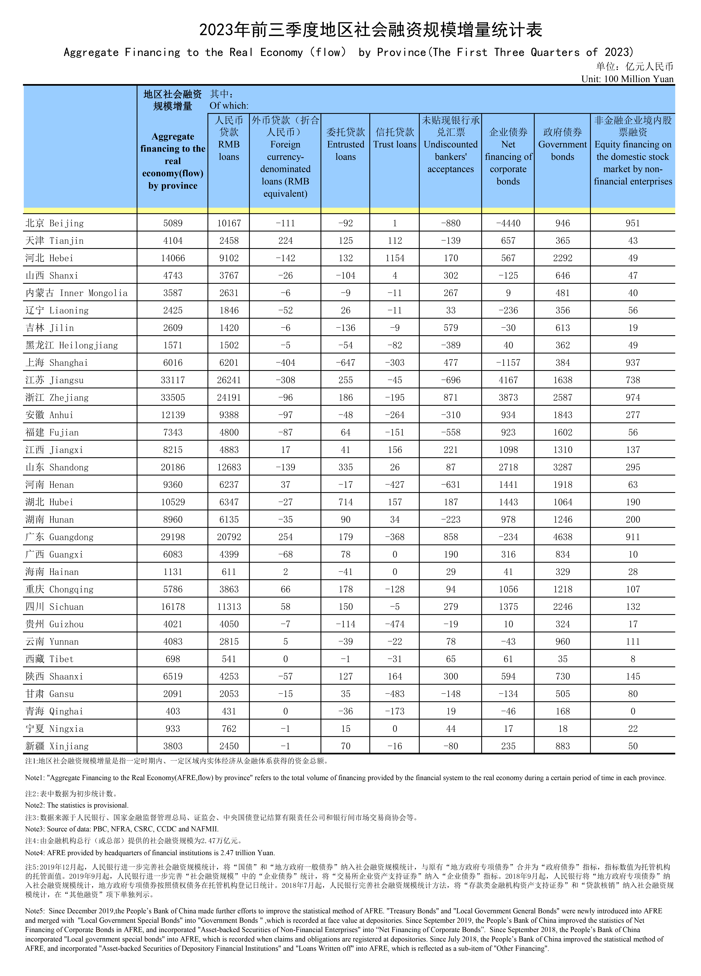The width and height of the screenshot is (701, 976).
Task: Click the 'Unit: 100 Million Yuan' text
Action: pos(627,79)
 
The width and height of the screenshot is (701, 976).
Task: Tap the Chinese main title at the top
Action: pos(371,30)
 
